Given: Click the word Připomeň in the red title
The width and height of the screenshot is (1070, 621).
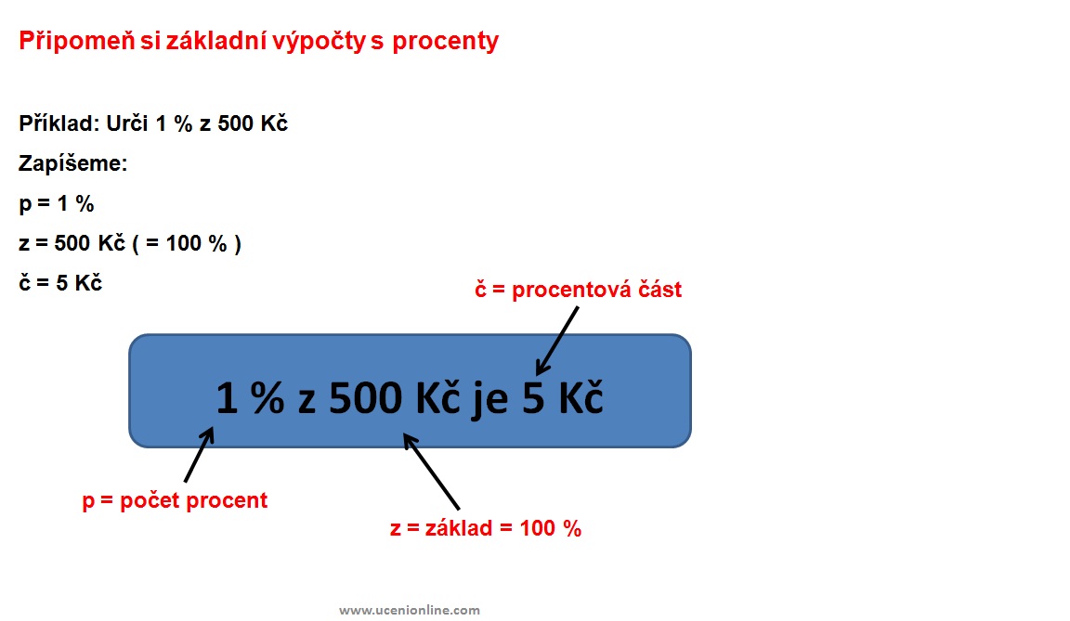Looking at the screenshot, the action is coord(77,41).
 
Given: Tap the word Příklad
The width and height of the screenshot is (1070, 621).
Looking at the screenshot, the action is coord(59,123).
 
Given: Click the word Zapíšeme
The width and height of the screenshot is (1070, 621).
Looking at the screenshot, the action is coord(73,164).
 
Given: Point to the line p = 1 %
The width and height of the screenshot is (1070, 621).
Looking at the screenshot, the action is coord(57,204).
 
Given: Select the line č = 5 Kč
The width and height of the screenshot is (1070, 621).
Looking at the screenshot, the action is coord(60,283).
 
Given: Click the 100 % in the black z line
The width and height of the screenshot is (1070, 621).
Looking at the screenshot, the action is coord(196,243).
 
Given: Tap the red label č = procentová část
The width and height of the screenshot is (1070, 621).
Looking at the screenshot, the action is coord(578,290).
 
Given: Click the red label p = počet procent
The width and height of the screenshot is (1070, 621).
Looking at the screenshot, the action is coord(175,501).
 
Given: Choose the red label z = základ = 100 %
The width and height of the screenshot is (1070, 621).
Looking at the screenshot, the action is coord(486,528).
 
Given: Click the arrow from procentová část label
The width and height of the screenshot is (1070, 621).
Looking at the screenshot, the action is coord(557,341).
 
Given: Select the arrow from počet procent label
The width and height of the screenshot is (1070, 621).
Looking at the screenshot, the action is coord(199,455).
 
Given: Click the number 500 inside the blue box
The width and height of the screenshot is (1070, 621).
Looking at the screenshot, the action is coord(366,398).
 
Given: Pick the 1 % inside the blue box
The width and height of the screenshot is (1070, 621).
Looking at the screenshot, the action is coord(250,398).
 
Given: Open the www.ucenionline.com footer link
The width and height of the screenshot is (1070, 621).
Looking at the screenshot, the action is coord(410,610).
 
